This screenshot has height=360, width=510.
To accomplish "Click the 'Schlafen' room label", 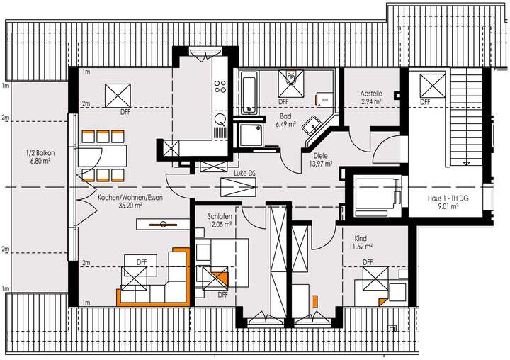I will (x=219, y=215).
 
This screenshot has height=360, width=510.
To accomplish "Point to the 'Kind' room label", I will (x=361, y=239).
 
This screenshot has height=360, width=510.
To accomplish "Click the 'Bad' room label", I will (x=285, y=116).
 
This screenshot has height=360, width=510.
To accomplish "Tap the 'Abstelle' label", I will (x=371, y=94).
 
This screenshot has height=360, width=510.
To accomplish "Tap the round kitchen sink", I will (x=220, y=119).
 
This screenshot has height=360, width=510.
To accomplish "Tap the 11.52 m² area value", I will (x=361, y=247).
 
